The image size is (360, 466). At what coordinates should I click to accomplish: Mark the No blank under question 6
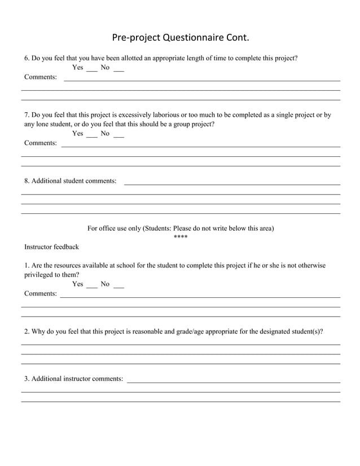118,70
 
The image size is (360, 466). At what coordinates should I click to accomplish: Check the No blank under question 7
118,136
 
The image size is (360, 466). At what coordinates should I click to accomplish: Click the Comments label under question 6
41,77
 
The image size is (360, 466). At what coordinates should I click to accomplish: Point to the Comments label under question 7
41,143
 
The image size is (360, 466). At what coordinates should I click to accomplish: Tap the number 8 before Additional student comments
26,181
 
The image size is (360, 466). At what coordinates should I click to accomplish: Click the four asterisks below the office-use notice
181,236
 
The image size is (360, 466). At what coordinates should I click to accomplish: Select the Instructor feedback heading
51,247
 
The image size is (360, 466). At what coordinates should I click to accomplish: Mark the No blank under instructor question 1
118,287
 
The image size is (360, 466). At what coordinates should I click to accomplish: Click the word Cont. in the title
237,38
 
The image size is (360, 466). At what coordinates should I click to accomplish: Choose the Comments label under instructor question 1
41,294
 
